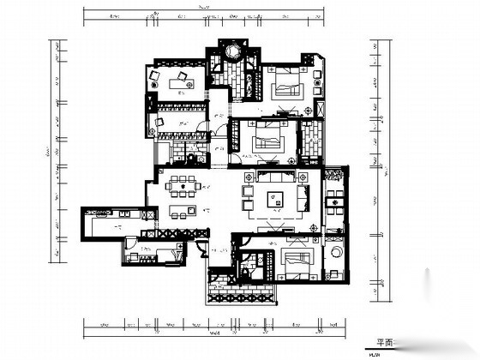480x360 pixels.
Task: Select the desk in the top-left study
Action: click(x=182, y=81)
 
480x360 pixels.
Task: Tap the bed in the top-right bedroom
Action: click(x=286, y=86)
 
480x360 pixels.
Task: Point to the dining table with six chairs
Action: click(x=183, y=183)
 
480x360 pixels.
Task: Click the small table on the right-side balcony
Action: click(x=335, y=207)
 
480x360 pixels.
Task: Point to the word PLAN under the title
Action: click(x=375, y=353)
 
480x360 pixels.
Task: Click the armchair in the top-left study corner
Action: click(x=155, y=77)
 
